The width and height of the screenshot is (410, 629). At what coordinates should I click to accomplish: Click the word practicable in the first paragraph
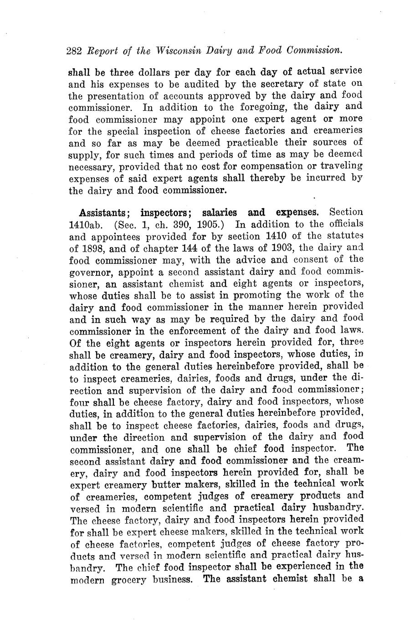point(242,143)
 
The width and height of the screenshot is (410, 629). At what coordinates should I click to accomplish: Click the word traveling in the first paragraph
point(341,167)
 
